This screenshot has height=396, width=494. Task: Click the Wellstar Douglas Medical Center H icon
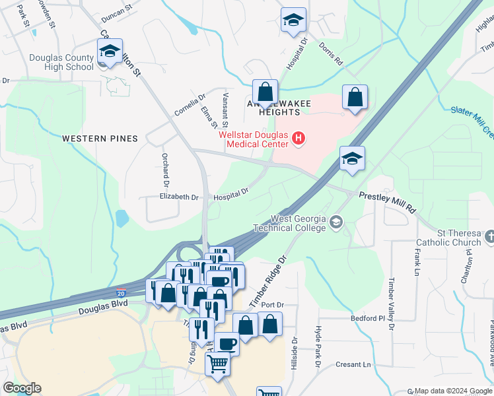point(299,138)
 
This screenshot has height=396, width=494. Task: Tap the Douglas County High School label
point(61,62)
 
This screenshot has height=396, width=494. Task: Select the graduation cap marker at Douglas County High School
point(110,51)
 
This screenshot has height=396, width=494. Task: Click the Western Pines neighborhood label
point(100,139)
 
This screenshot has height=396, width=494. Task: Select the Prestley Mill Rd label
point(387,201)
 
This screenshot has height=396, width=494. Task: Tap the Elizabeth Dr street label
point(179,197)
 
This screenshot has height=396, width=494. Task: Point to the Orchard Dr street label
point(165,170)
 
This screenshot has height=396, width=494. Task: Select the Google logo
point(22,387)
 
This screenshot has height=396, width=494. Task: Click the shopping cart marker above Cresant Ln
point(217,364)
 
